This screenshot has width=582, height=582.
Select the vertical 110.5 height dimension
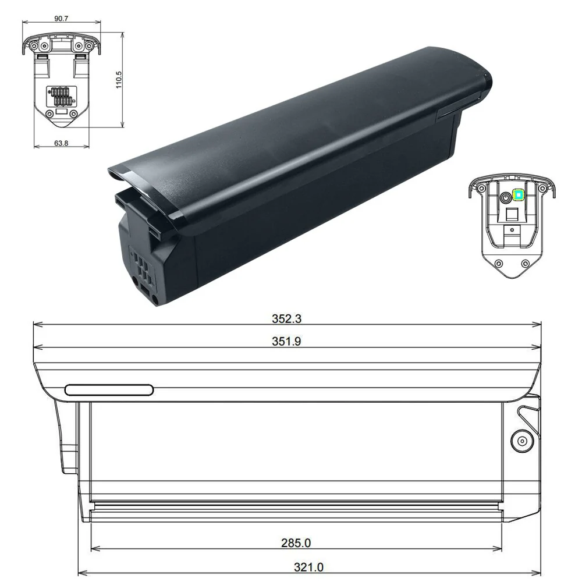coord(119,79)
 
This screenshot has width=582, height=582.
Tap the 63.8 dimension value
coord(61,143)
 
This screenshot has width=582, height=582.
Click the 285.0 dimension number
coord(296,543)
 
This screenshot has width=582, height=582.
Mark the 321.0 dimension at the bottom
coord(309,566)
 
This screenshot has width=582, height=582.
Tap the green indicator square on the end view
coord(517,196)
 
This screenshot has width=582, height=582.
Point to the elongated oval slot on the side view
coord(109,390)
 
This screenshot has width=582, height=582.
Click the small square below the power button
coord(512,215)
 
